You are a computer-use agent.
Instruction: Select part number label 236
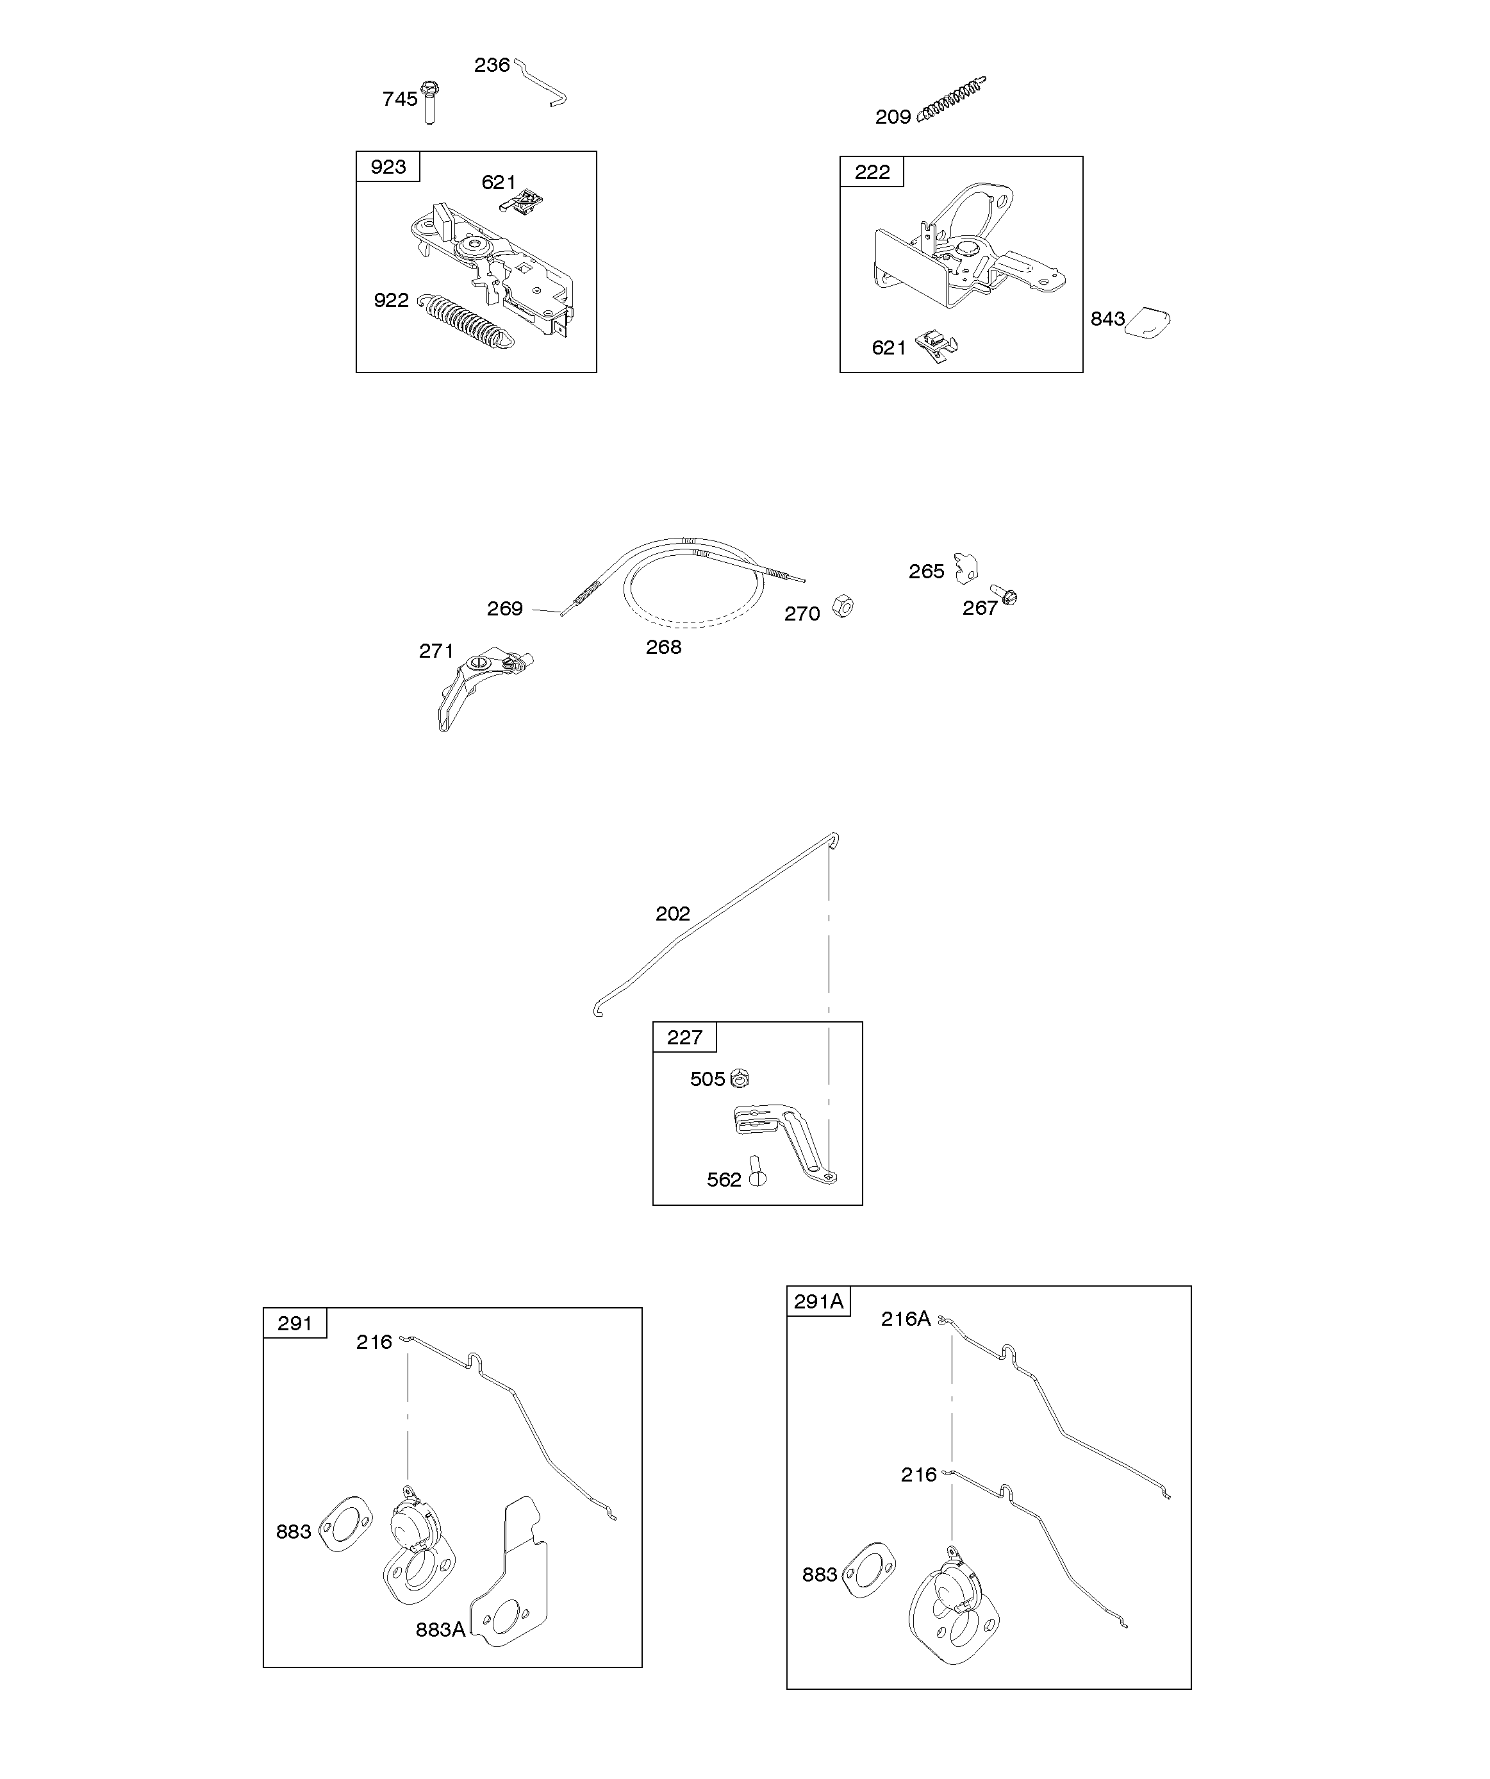point(492,65)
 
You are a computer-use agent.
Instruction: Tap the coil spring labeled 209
point(951,100)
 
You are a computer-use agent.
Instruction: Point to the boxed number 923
point(388,167)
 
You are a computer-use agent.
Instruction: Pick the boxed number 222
point(872,172)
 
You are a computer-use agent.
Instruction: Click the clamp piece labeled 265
point(966,567)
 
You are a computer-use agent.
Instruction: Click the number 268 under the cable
point(663,647)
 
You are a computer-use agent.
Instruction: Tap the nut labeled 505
point(740,1078)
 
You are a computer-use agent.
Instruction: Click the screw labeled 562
point(756,1173)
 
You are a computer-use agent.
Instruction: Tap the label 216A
point(905,1319)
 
